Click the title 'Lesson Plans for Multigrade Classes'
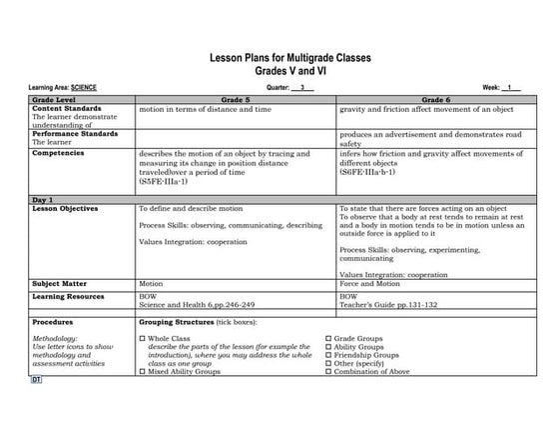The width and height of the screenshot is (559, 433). [288, 59]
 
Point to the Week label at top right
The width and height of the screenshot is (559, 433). [492, 88]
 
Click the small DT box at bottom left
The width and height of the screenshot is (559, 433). [36, 381]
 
